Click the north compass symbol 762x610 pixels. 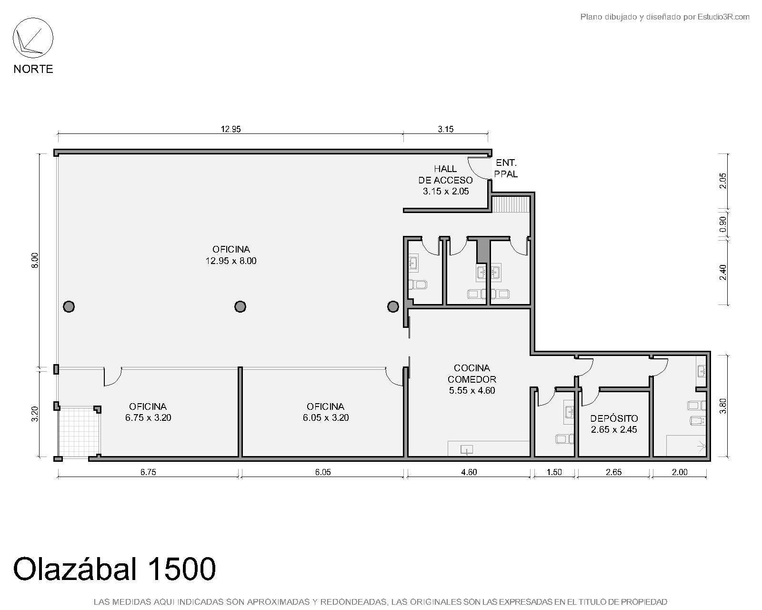pos(33,38)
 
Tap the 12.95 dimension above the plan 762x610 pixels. pos(231,129)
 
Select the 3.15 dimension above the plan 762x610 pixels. pos(445,129)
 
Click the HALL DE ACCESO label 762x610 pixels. pos(445,180)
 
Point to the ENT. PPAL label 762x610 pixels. pos(506,168)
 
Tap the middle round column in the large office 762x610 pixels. pos(240,306)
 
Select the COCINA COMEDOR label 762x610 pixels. pos(472,379)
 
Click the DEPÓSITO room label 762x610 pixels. pos(614,424)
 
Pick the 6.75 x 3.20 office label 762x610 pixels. pos(148,412)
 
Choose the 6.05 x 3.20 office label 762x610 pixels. pos(326,412)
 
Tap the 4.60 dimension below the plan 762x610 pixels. pos(469,472)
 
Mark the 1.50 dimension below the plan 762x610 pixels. pos(554,472)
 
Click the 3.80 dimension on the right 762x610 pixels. pos(722,406)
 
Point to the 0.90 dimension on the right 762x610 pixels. pos(722,224)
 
